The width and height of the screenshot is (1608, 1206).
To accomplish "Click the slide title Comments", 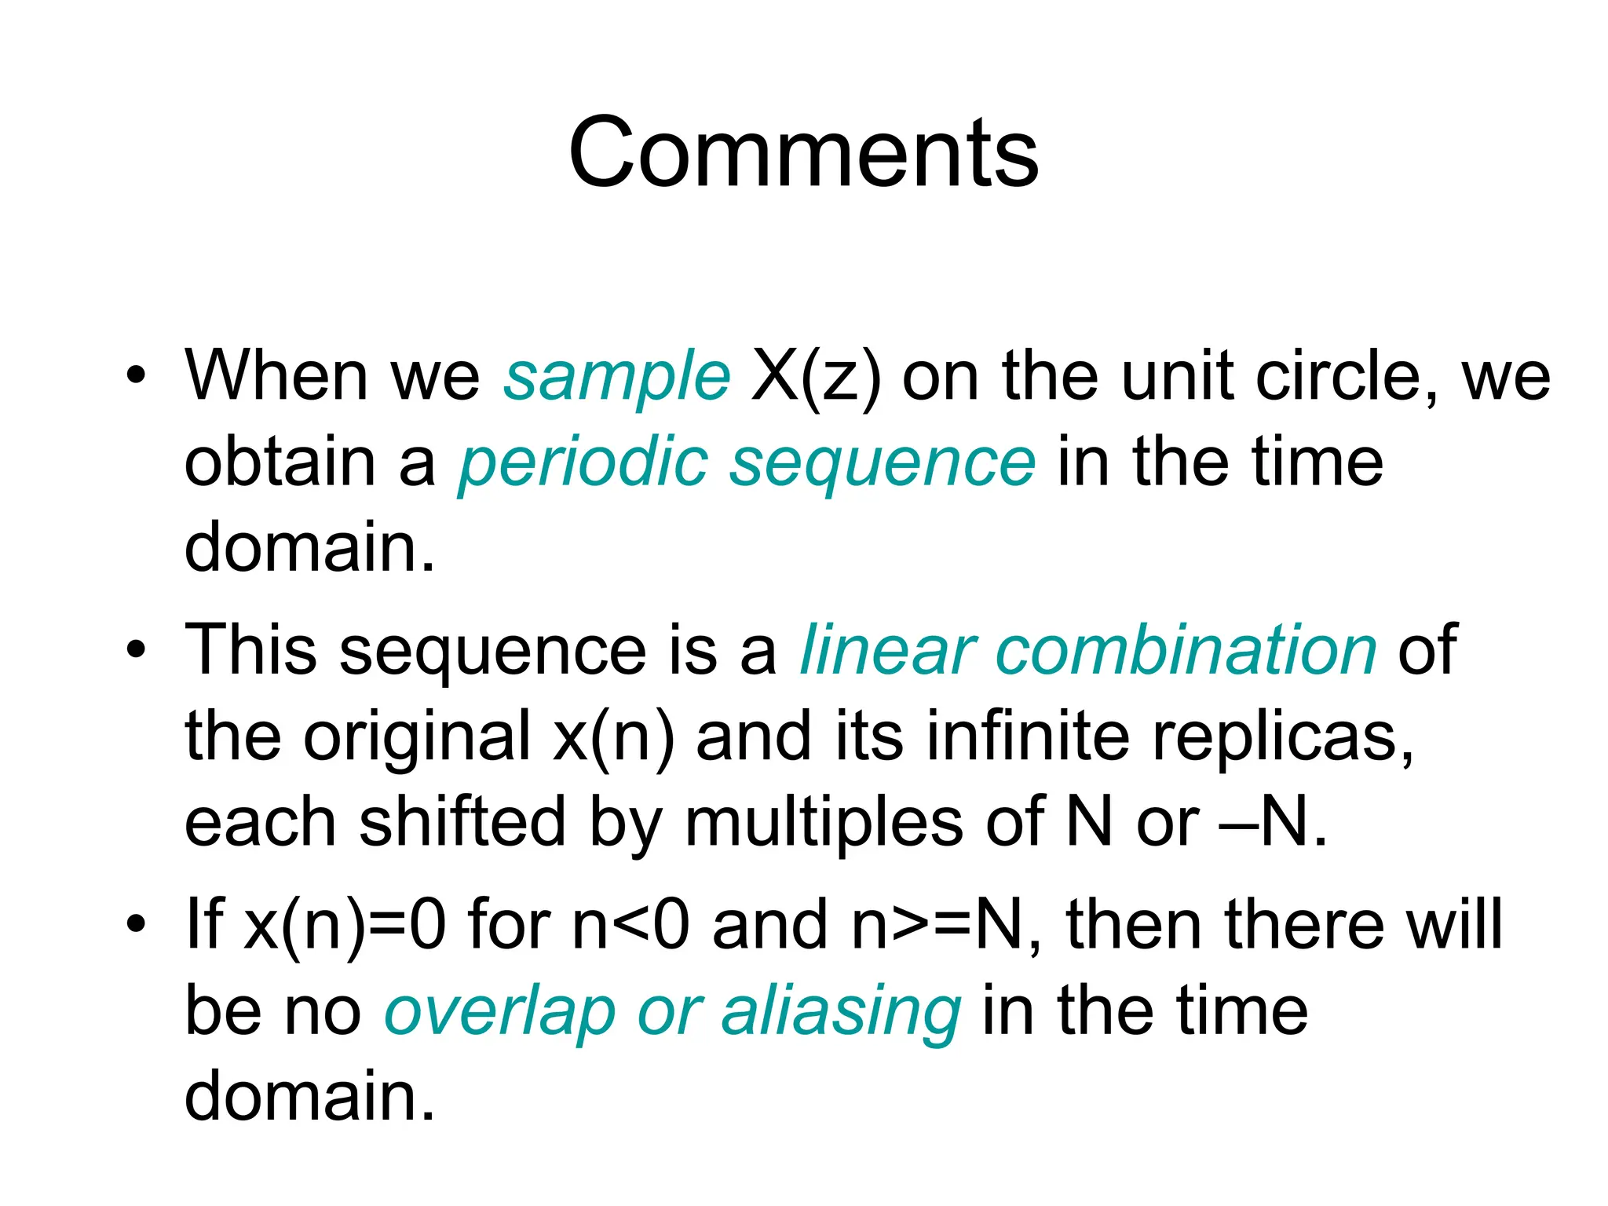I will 803,152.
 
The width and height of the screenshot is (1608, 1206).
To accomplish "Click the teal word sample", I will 617,377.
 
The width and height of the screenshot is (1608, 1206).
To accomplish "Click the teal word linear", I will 887,650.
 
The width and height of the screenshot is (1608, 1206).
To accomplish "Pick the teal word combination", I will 1186,650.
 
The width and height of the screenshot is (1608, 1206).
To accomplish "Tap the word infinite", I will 1029,736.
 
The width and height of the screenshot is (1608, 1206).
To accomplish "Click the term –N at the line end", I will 1273,822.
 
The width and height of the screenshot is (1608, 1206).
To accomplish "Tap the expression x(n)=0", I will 345,925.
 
